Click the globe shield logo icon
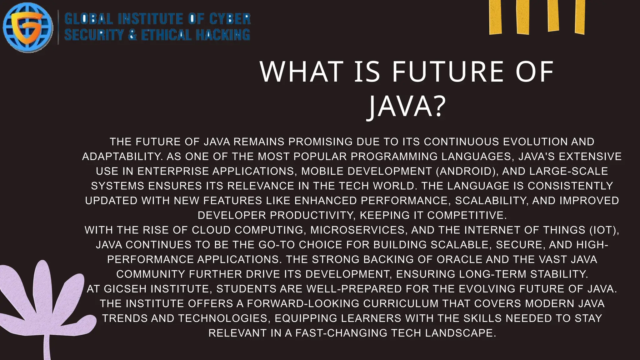point(28,27)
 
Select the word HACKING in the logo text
point(223,35)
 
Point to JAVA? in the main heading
point(406,107)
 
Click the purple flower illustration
point(44,300)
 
